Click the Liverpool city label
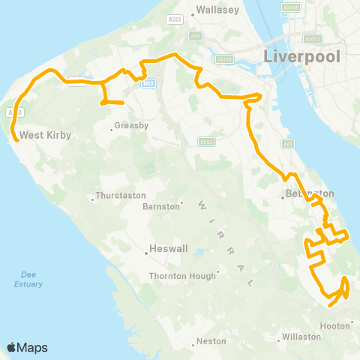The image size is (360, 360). (301, 57)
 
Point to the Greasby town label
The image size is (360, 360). (131, 126)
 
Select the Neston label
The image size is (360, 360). (211, 340)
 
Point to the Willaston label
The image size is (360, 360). (303, 337)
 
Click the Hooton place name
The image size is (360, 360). (334, 325)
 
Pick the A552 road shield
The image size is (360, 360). (207, 141)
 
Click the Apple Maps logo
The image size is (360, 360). (27, 347)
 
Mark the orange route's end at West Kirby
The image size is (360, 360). (14, 138)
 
